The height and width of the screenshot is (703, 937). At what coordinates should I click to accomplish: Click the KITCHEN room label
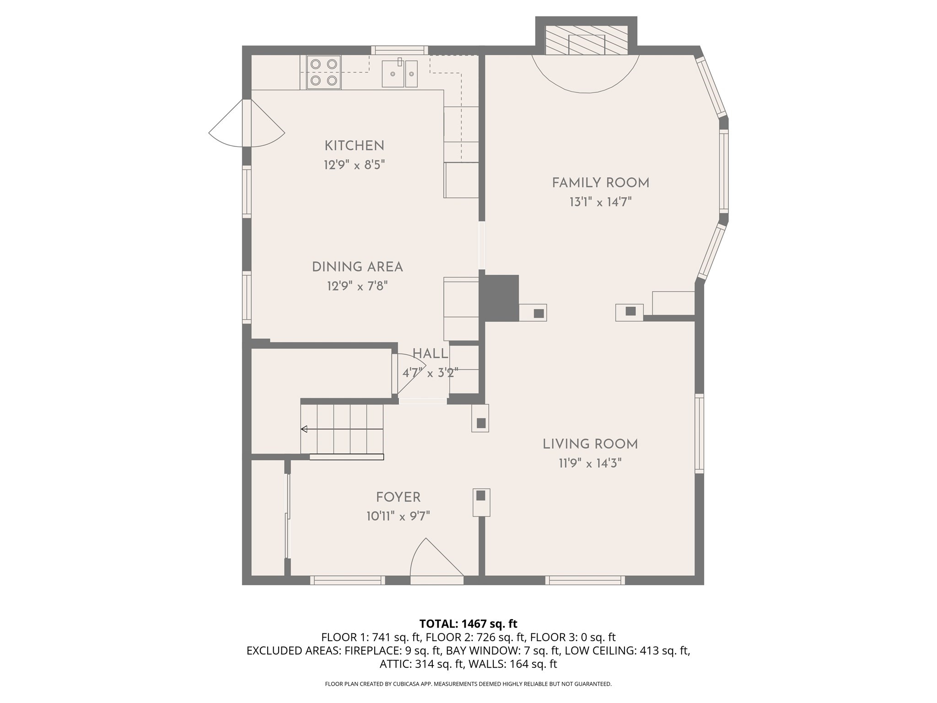click(x=354, y=146)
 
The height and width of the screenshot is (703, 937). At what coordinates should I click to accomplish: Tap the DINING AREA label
click(x=357, y=267)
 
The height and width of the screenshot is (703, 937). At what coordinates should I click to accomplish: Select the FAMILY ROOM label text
click(x=600, y=183)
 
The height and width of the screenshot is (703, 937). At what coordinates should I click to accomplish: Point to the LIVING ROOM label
click(x=590, y=444)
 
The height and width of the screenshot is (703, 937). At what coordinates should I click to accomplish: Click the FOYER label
click(x=398, y=497)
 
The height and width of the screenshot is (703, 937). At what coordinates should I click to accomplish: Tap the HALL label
click(x=430, y=353)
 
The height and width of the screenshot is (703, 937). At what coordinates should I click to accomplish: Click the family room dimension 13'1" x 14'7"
click(x=600, y=202)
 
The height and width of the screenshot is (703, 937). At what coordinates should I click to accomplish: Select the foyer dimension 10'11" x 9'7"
click(x=398, y=517)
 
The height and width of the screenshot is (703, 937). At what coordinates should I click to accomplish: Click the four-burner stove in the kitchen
click(x=323, y=72)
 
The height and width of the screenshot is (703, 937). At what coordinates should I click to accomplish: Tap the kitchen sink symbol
click(x=399, y=73)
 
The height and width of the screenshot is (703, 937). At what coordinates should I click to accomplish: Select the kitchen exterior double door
click(x=247, y=124)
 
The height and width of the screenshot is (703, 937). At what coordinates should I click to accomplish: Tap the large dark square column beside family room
click(x=501, y=297)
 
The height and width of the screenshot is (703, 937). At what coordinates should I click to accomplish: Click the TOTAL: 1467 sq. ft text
click(x=468, y=623)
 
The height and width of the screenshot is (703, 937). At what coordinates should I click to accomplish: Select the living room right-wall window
click(x=699, y=433)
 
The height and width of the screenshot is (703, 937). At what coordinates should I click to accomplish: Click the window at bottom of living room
click(x=585, y=580)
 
